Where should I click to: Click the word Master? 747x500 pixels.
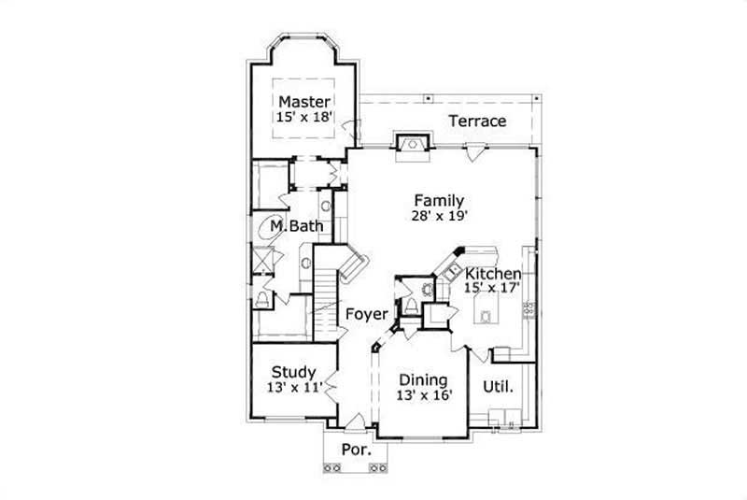[303, 101]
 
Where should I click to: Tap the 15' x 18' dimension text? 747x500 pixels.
[303, 118]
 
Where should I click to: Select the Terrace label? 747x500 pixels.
[477, 121]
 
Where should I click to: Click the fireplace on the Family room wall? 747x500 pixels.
[412, 144]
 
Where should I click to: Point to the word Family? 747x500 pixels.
[439, 200]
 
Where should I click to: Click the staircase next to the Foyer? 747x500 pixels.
[326, 290]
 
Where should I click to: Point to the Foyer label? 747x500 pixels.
[367, 314]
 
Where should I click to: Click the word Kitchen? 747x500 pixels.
[493, 273]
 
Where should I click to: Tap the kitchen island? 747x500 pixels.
[486, 316]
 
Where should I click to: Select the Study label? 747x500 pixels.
[292, 371]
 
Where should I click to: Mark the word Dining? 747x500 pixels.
[423, 380]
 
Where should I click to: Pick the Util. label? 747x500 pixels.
[498, 386]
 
